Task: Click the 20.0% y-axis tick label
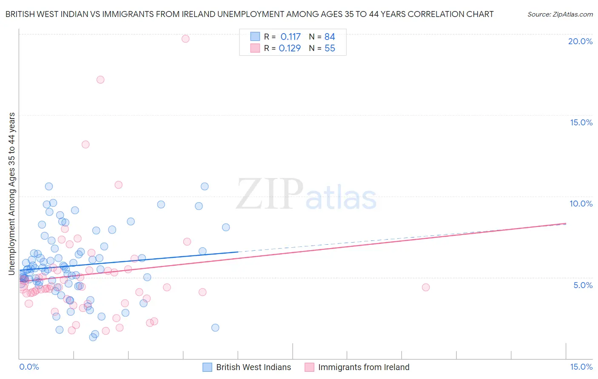(x=580, y=41)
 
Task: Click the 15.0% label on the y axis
(x=581, y=122)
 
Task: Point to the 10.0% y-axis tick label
(x=581, y=204)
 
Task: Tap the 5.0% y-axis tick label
(x=583, y=285)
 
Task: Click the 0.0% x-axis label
(x=29, y=367)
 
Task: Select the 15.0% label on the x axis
(x=581, y=367)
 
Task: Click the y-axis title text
(x=11, y=193)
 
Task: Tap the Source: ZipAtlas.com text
(x=560, y=14)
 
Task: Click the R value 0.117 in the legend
(x=290, y=37)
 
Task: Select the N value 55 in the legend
(x=330, y=48)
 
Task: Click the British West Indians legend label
(x=253, y=367)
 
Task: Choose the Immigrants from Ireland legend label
(x=364, y=367)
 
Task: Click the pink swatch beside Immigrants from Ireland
(x=309, y=367)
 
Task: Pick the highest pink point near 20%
(x=185, y=39)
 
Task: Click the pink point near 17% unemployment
(x=100, y=79)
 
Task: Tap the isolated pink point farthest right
(x=426, y=287)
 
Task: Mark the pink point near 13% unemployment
(x=85, y=144)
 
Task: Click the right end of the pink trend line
(x=566, y=223)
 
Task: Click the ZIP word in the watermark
(x=270, y=194)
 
